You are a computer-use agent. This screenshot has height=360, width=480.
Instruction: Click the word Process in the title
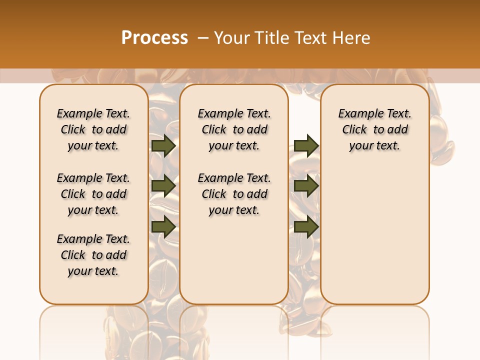pos(154,38)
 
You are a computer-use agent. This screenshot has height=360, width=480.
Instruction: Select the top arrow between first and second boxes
pos(163,145)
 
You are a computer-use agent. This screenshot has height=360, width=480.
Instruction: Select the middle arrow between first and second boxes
pos(163,186)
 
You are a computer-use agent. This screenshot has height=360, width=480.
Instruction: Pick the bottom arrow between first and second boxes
pos(163,227)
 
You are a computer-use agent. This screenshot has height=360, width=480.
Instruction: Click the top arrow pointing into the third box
pos(306,145)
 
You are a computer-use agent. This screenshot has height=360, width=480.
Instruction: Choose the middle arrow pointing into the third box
pos(306,186)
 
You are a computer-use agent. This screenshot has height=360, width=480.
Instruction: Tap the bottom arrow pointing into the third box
pos(306,227)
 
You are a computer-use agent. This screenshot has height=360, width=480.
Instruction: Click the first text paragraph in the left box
pos(93,129)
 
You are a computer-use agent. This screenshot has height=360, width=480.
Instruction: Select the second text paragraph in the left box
pos(93,194)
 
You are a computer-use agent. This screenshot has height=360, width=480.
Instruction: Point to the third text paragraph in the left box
pos(93,255)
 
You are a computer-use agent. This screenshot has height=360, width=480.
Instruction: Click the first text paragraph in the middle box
pos(234,129)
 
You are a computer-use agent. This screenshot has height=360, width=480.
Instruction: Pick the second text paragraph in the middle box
pos(234,194)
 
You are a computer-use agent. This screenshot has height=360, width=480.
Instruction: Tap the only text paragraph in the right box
pos(375,129)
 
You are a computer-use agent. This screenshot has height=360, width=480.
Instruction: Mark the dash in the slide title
pos(203,38)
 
